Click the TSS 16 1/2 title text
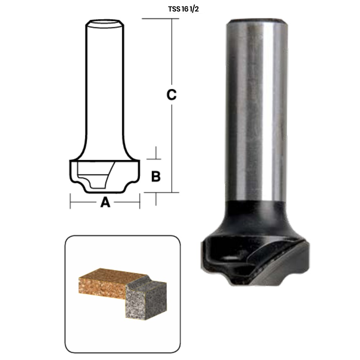click(x=183, y=9)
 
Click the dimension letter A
click(x=105, y=202)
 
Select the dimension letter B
click(x=156, y=176)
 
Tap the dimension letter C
click(x=171, y=94)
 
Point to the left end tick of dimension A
click(x=70, y=201)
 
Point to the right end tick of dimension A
click(x=140, y=201)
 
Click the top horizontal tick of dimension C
click(x=160, y=19)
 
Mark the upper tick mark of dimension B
click(x=154, y=159)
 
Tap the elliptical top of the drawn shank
click(x=105, y=23)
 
